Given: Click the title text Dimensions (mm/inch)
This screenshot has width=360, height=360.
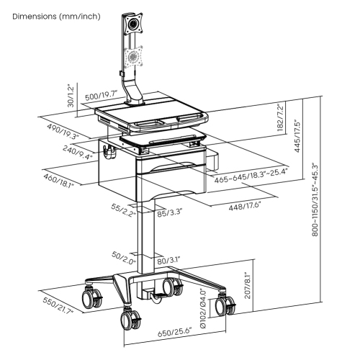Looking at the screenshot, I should point(56,16).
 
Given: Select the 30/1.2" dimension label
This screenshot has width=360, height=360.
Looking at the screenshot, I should point(71,94).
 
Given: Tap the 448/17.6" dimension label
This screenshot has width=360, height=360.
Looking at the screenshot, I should point(243,206).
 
